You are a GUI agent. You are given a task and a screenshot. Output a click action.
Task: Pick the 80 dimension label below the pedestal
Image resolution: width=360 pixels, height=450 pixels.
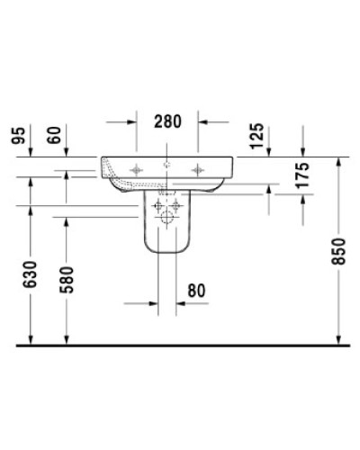coord(197,291)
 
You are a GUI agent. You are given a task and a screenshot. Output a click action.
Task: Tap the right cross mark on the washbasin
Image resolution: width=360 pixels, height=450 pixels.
coord(198,168)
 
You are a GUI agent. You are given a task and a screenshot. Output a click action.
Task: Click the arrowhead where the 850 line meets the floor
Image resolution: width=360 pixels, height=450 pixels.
coord(339,340)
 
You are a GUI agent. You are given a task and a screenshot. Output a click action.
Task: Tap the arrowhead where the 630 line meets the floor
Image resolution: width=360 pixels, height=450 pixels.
coord(31,340)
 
